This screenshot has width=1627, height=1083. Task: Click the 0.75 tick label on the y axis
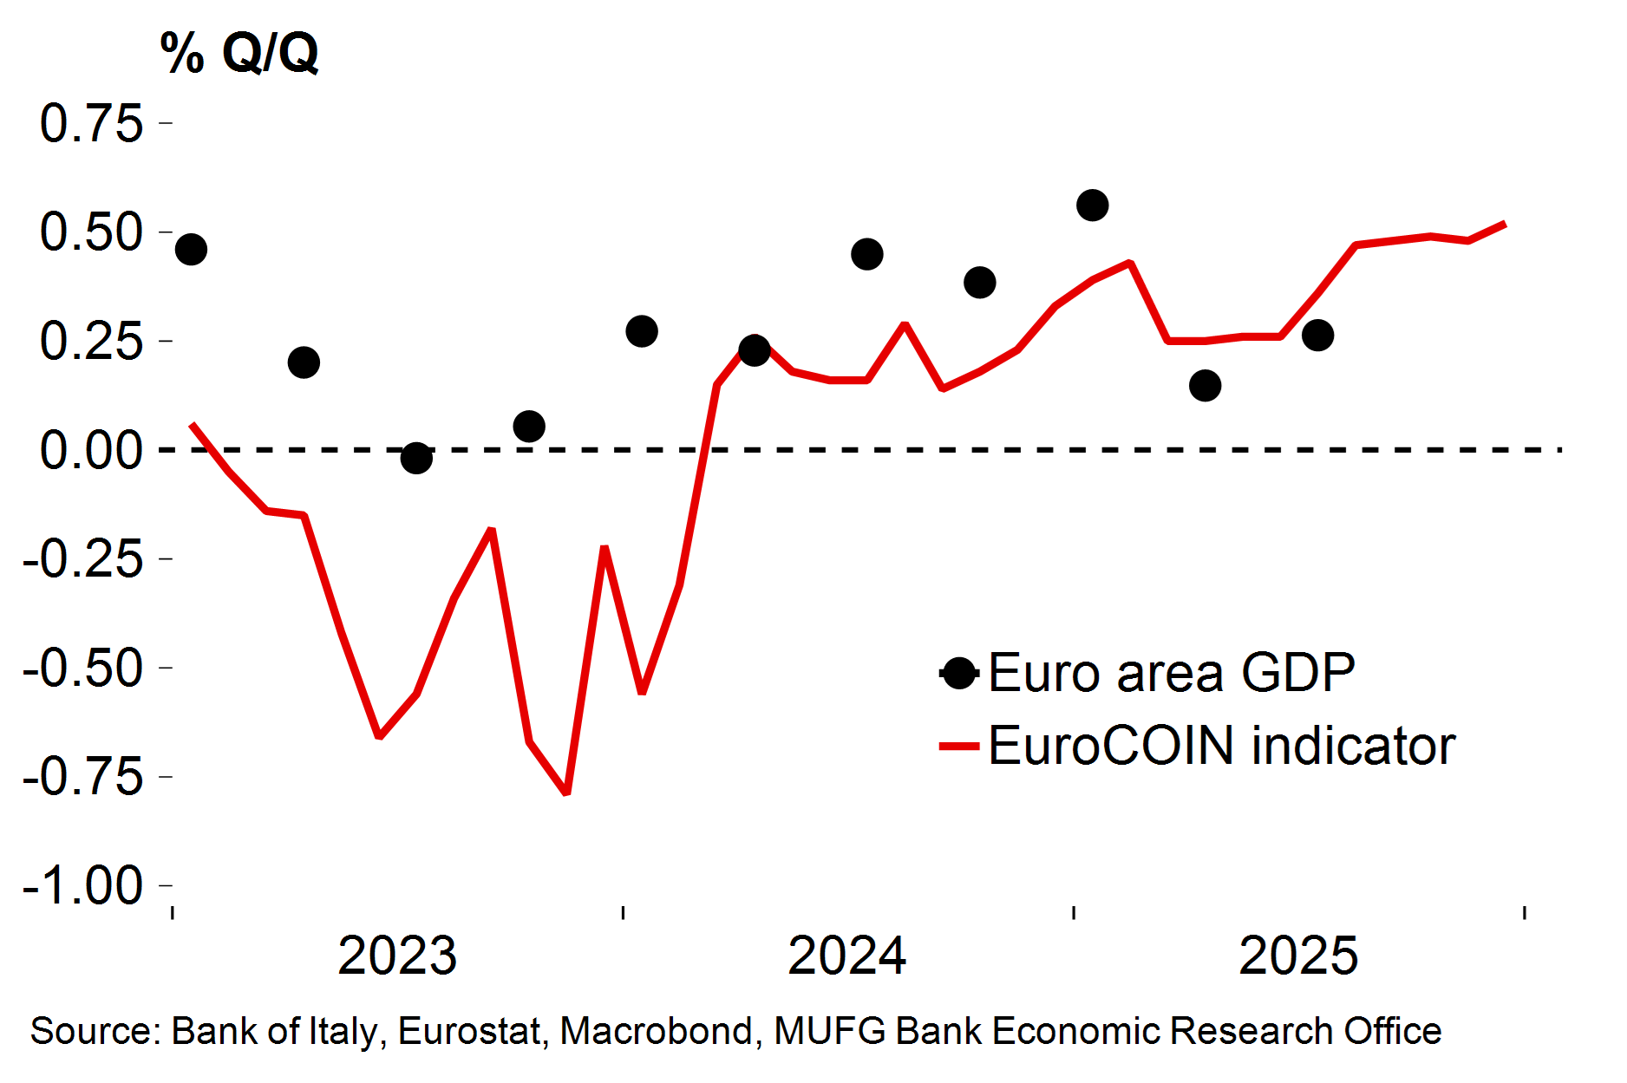pyautogui.click(x=91, y=123)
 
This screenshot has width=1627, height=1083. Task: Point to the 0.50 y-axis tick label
pyautogui.click(x=91, y=232)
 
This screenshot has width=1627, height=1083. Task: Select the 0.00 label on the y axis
pyautogui.click(x=91, y=450)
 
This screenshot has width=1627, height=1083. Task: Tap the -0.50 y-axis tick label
pyautogui.click(x=83, y=668)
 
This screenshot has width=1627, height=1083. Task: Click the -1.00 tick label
pyautogui.click(x=83, y=885)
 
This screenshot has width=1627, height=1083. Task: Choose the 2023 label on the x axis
pyautogui.click(x=397, y=956)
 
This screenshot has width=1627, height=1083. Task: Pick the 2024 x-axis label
pyautogui.click(x=847, y=956)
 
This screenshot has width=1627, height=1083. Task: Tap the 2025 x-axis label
pyautogui.click(x=1298, y=956)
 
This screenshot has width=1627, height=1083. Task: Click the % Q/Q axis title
pyautogui.click(x=239, y=54)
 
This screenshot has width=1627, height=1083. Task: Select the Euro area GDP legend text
pyautogui.click(x=1171, y=673)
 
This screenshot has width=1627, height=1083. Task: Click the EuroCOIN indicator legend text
pyautogui.click(x=1221, y=746)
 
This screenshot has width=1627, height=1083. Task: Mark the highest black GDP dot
pyautogui.click(x=1093, y=206)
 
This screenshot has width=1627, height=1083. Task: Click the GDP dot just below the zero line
pyautogui.click(x=416, y=458)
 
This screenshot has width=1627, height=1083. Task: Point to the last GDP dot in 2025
pyautogui.click(x=1317, y=335)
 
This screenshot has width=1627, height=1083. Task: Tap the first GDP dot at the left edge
pyautogui.click(x=191, y=250)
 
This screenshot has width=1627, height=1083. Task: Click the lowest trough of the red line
pyautogui.click(x=566, y=793)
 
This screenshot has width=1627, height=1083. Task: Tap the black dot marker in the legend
pyautogui.click(x=959, y=673)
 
